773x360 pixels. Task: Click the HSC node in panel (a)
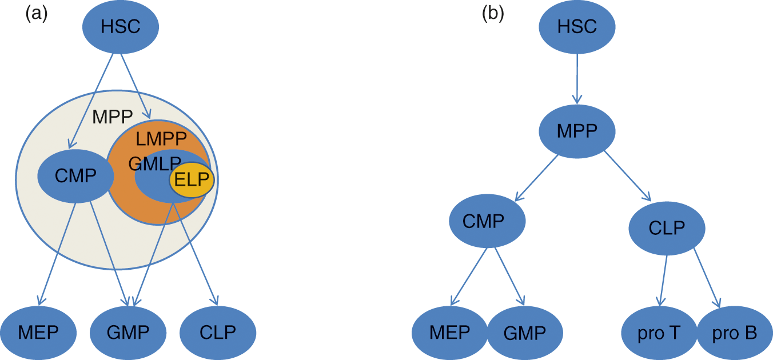[120, 27]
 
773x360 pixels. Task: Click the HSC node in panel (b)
[577, 27]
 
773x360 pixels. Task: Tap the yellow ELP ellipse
[192, 180]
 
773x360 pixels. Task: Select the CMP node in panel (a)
[75, 176]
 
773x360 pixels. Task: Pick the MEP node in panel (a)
[38, 333]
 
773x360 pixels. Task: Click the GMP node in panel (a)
[128, 333]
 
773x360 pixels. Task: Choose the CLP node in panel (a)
[218, 333]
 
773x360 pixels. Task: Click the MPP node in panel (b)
[577, 131]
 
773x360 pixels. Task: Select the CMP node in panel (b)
[487, 221]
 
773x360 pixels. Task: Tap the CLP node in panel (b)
[667, 229]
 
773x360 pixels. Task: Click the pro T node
[659, 334]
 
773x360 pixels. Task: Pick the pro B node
[735, 334]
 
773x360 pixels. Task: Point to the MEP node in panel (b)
[450, 333]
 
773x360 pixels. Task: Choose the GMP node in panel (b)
[525, 333]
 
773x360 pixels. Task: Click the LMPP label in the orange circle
[161, 138]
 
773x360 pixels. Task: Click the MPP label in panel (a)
[113, 117]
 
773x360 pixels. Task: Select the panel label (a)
[37, 13]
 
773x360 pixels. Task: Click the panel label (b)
[493, 13]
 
